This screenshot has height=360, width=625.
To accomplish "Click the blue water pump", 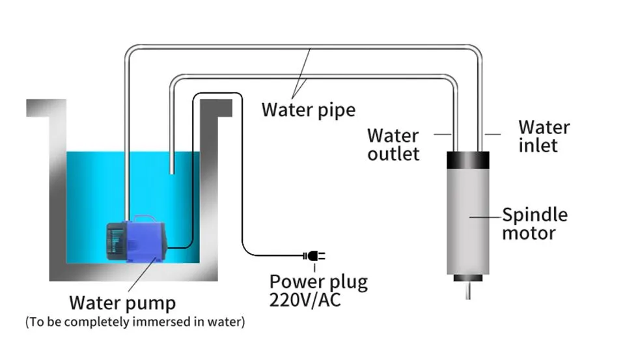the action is point(136,239).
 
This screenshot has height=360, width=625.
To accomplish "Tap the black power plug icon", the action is point(314,256).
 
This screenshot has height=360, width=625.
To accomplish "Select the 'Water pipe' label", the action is point(308,110).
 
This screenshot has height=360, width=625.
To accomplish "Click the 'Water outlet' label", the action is point(393,145).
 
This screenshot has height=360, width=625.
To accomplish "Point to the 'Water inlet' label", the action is point(544,136).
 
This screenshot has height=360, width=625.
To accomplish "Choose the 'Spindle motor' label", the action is point(535,224).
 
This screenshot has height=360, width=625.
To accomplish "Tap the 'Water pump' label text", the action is point(122,303).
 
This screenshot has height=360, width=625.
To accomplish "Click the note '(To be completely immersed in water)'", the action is point(135,322).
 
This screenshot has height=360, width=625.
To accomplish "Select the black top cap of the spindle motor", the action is point(468,160).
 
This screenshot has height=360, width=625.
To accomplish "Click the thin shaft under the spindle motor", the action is point(468,290).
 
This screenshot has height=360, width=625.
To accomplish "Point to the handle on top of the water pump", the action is point(145,219).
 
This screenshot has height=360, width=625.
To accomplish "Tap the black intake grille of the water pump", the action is point(115,242).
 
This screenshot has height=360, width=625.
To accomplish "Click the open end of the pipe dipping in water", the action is point(172,172).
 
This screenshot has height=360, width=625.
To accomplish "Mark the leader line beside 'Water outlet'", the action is point(443,134).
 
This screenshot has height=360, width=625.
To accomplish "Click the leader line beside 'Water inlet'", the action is point(493,134).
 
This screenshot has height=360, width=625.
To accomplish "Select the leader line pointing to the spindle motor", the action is point(485,217).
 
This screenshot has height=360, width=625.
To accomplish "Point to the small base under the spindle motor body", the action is point(468,278).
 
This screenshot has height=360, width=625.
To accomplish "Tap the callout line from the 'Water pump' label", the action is point(143,274).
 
